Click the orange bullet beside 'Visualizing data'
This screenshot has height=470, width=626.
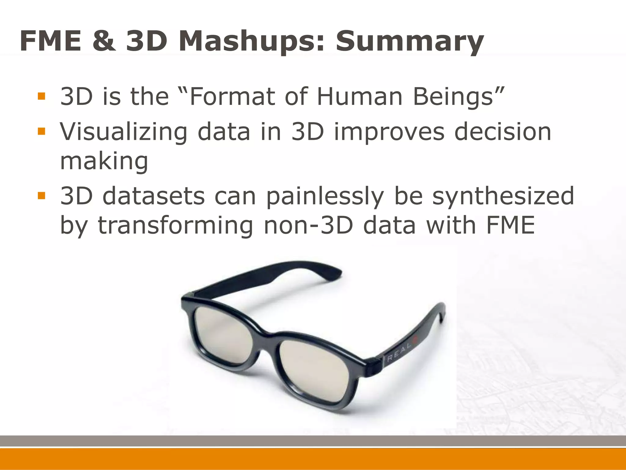[x=41, y=132]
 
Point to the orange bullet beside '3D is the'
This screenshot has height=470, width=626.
[x=41, y=96]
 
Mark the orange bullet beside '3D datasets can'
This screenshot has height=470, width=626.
[x=41, y=196]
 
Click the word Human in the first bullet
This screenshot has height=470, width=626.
[x=359, y=96]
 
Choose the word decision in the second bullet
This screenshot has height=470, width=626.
[x=503, y=132]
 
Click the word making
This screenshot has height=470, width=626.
[x=104, y=162]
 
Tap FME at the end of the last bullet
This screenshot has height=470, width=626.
[x=510, y=225]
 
